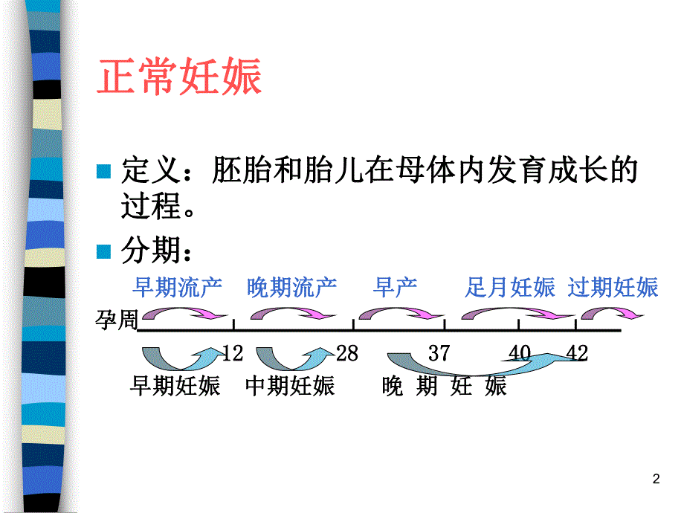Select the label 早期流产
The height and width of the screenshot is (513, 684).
(177, 287)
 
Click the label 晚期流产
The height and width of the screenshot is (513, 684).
(291, 287)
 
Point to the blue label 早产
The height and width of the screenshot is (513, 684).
(396, 287)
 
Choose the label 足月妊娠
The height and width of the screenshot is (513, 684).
(510, 287)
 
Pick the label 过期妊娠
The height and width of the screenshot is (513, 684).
(613, 287)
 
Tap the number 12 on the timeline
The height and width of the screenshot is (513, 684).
(232, 353)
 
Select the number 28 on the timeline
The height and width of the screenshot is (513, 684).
(347, 353)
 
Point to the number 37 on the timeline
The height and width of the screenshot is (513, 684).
(439, 353)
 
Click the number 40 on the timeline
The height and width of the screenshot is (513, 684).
(520, 353)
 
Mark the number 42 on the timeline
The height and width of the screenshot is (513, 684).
(577, 353)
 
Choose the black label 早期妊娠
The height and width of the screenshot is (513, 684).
(175, 386)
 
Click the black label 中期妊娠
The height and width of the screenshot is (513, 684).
(290, 386)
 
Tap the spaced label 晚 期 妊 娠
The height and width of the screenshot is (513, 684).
(444, 386)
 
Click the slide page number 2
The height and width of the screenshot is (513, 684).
(656, 480)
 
